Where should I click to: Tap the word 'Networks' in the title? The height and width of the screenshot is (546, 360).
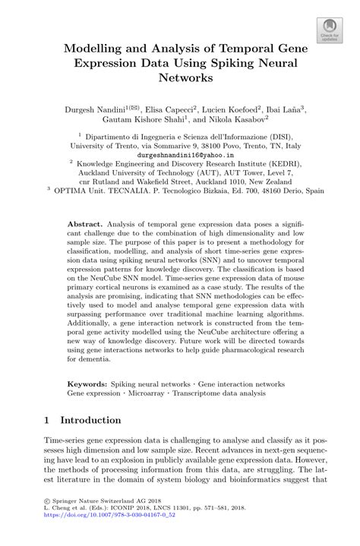click(186, 77)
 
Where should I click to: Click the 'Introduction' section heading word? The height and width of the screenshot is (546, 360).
click(90, 420)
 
